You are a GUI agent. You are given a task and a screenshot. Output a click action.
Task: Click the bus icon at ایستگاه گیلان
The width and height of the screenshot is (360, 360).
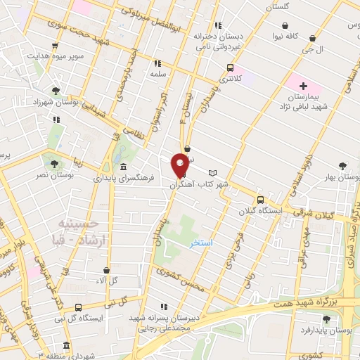260,200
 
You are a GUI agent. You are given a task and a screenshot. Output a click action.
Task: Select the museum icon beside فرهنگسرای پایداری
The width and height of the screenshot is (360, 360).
124,167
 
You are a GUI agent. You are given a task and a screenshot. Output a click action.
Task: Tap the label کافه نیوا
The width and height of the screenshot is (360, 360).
286,34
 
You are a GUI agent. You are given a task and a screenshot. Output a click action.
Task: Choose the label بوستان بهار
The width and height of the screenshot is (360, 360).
344,178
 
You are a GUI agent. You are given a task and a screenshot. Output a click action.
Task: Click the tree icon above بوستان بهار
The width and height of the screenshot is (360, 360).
342,166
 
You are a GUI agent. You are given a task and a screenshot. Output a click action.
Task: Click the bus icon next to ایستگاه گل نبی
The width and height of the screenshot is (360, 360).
77,307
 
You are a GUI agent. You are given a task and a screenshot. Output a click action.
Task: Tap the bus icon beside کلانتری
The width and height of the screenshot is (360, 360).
230,68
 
